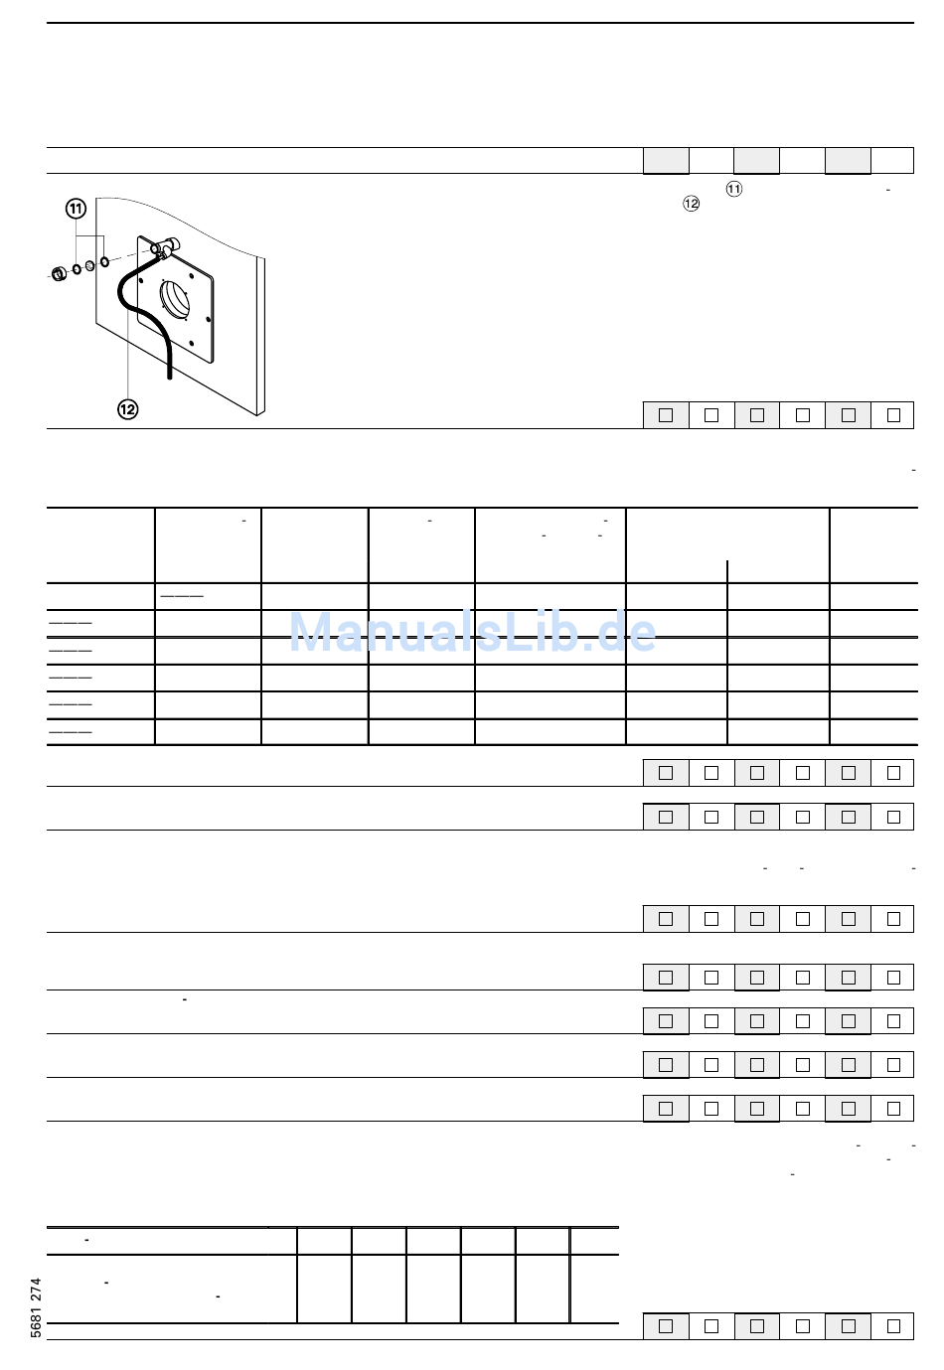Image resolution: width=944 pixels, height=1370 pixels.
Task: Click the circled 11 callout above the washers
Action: pyautogui.click(x=76, y=210)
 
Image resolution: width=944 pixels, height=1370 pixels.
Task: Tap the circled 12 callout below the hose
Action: pyautogui.click(x=128, y=409)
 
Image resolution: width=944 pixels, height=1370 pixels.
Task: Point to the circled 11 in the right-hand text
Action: pyautogui.click(x=734, y=189)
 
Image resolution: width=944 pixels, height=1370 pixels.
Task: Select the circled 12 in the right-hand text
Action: pyautogui.click(x=692, y=203)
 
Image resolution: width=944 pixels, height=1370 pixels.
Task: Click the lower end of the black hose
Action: pyautogui.click(x=170, y=377)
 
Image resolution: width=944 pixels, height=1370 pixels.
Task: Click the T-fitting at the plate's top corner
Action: pyautogui.click(x=164, y=246)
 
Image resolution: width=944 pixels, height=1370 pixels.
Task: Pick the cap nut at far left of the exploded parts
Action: pyautogui.click(x=59, y=273)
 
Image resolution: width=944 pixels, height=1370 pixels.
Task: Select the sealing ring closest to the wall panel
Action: pyautogui.click(x=104, y=261)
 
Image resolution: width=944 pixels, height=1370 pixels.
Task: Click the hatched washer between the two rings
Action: pyautogui.click(x=90, y=265)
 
